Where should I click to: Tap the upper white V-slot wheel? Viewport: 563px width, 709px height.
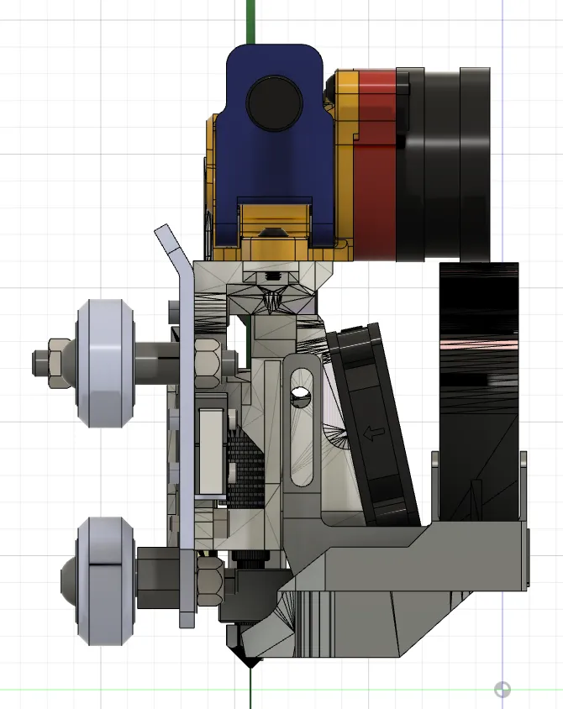[107, 364]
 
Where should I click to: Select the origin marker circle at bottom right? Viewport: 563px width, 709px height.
[502, 690]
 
